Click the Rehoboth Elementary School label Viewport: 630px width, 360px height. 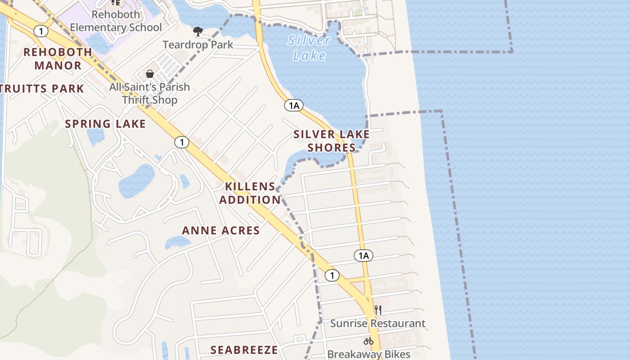point(116,21)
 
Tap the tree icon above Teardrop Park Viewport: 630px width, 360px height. point(198,31)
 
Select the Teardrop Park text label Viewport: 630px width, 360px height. point(198,45)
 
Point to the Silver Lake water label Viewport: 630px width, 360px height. point(309,48)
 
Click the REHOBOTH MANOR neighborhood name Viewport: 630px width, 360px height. point(58,58)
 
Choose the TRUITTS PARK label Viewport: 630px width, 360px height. point(42,89)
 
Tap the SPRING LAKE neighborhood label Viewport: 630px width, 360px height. point(105,124)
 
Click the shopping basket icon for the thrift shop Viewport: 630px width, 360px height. point(150,73)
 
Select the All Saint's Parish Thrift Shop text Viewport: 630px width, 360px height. point(149,93)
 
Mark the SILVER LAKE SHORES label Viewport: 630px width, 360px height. point(332,141)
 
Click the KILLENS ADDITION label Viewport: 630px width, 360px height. point(250,193)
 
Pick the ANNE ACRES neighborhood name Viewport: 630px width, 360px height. point(221,230)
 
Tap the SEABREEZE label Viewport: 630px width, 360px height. point(244,350)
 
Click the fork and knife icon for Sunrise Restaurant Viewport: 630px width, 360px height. point(378,310)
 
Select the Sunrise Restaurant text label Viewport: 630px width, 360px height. point(378,323)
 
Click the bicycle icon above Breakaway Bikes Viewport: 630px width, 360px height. point(369,341)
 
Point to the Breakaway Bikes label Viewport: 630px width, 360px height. point(369,354)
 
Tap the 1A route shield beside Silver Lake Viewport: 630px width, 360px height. point(293,105)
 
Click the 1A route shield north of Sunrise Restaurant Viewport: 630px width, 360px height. point(363,256)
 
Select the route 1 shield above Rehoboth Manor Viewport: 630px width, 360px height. point(41,31)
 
